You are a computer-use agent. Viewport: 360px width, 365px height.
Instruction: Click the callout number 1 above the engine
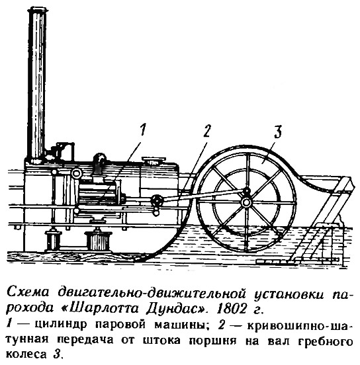click(x=142, y=130)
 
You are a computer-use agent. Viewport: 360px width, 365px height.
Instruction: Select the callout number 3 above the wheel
click(x=277, y=132)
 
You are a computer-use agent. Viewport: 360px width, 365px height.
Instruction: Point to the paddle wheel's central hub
click(x=246, y=202)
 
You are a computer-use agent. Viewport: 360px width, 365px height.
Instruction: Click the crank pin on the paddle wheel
click(x=246, y=191)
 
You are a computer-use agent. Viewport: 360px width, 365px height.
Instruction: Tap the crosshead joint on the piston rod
click(x=157, y=200)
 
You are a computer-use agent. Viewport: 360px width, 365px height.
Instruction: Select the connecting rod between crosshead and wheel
click(x=202, y=196)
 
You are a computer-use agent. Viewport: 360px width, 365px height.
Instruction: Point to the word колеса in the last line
click(x=26, y=354)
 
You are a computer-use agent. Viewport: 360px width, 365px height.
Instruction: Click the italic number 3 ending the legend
click(x=57, y=354)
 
